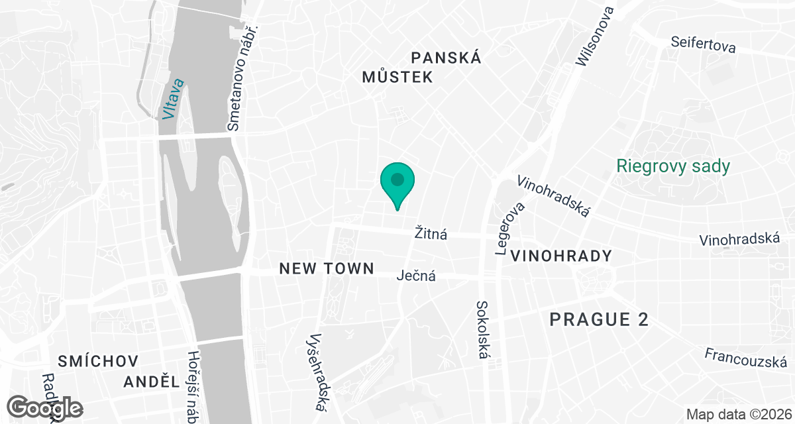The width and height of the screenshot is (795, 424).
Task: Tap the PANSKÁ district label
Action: (x=446, y=58)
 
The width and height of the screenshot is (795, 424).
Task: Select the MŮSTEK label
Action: (x=397, y=78)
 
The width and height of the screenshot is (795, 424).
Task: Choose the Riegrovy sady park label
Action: (x=673, y=166)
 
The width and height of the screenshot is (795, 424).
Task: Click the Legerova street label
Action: (x=509, y=229)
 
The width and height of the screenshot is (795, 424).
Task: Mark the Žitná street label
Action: (x=431, y=233)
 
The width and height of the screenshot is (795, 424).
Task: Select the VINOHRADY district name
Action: (x=561, y=256)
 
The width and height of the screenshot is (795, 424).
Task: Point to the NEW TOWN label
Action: (x=327, y=268)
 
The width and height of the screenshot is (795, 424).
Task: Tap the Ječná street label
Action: (x=416, y=276)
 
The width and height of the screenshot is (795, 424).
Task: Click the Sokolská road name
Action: (x=482, y=330)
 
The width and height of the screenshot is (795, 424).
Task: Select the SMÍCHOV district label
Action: (x=97, y=361)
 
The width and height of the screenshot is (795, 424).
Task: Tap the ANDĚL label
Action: (x=152, y=382)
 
